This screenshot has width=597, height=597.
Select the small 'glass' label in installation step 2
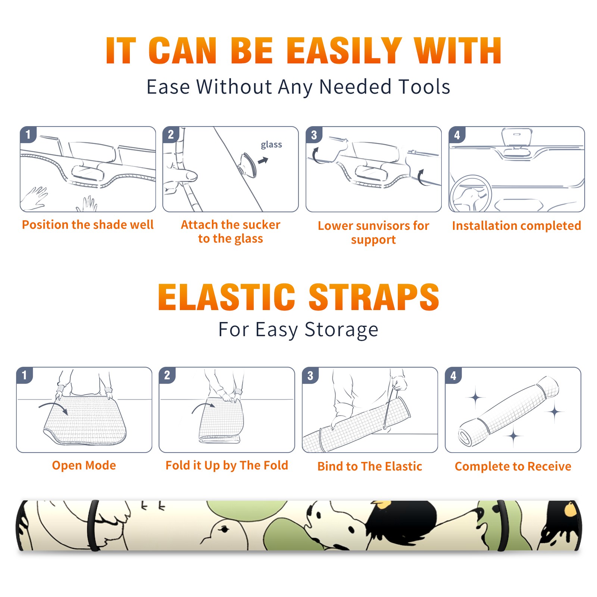(x=271, y=145)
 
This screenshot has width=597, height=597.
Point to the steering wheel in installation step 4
(x=471, y=194)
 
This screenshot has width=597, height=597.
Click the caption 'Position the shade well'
(x=88, y=225)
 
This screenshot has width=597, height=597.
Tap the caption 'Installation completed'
(x=516, y=226)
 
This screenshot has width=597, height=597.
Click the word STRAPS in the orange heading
(x=374, y=297)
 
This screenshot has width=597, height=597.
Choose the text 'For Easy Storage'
(x=298, y=330)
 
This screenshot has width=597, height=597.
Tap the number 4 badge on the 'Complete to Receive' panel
(x=453, y=375)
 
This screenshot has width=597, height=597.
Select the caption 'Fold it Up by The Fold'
(x=227, y=465)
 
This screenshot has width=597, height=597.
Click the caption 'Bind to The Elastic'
(x=370, y=466)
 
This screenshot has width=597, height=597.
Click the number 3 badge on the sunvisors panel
(x=314, y=135)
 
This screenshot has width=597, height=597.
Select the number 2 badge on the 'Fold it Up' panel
(x=167, y=375)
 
